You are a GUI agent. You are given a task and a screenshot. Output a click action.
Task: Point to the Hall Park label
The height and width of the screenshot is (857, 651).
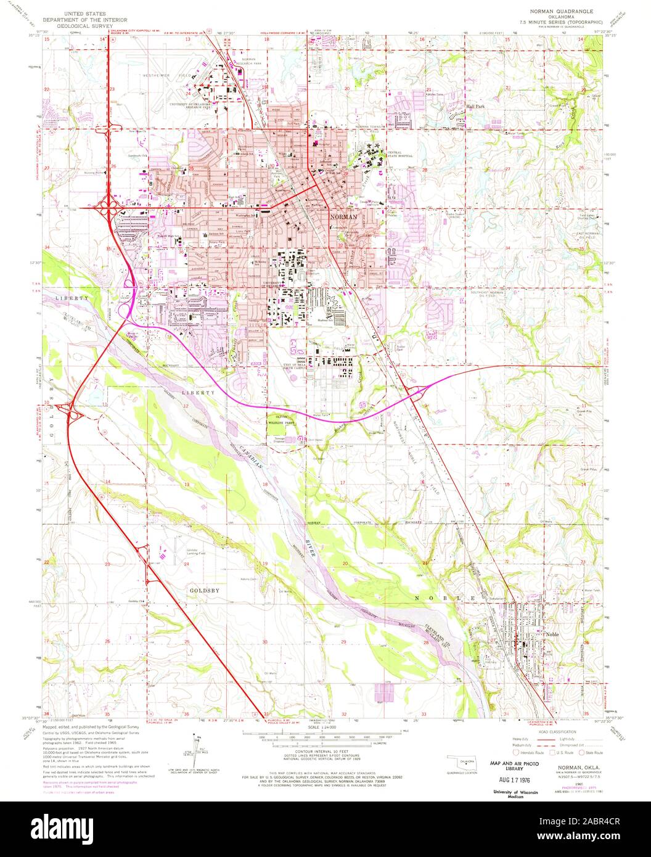[476, 106]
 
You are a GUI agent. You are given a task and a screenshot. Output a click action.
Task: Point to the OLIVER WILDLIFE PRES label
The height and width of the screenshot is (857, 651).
[282, 422]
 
